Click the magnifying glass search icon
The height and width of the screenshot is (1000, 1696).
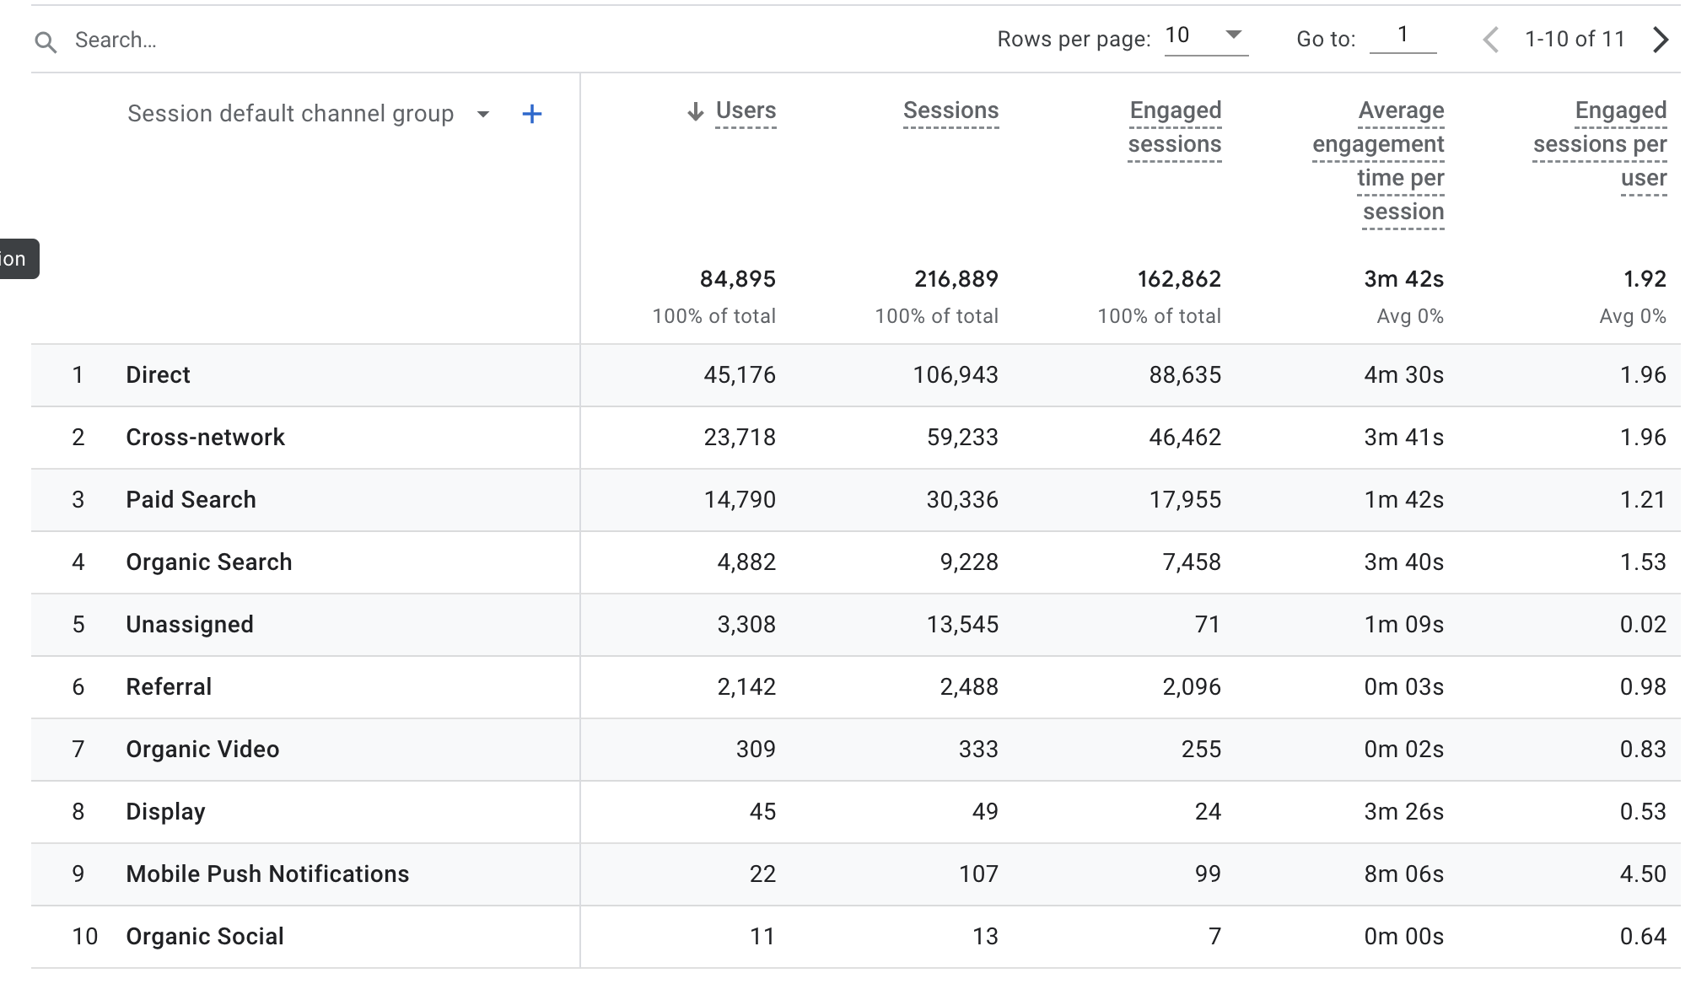click(x=46, y=41)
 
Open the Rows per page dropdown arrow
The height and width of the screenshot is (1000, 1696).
click(x=1233, y=35)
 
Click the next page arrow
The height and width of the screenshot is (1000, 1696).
click(x=1660, y=40)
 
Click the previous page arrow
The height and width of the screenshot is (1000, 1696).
click(x=1491, y=40)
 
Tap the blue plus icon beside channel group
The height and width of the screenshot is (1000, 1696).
click(x=531, y=115)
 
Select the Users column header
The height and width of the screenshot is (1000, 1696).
click(x=746, y=110)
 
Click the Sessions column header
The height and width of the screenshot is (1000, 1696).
click(x=950, y=110)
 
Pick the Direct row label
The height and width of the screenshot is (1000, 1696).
click(x=158, y=375)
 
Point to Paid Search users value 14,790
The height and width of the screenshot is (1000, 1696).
click(x=740, y=500)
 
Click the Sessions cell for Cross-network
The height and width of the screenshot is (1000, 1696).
click(x=962, y=438)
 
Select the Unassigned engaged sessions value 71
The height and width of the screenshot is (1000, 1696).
click(x=1207, y=625)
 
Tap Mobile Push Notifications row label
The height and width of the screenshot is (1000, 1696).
click(x=267, y=874)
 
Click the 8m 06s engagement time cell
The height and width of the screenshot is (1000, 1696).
click(x=1403, y=874)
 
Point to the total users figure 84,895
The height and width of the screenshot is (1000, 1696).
click(x=737, y=279)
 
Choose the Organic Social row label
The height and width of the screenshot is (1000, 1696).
click(x=205, y=937)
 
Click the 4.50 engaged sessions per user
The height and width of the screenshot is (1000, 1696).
click(x=1642, y=874)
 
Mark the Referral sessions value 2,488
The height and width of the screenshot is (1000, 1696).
click(x=969, y=687)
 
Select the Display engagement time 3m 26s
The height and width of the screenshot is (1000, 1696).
click(x=1403, y=812)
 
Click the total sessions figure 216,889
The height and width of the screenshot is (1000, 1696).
click(x=956, y=279)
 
